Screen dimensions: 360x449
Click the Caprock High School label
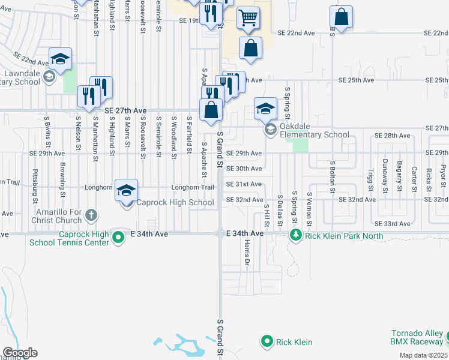pos(175,203)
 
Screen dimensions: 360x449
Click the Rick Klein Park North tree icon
pos(295,234)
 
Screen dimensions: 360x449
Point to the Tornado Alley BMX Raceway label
pos(417,337)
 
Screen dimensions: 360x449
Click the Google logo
pos(20,353)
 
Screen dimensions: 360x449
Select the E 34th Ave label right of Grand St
pos(244,233)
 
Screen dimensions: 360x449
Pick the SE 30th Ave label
pos(244,169)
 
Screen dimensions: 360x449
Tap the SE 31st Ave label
pos(244,184)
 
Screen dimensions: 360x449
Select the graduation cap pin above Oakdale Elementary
pos(265,109)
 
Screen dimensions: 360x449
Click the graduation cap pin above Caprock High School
pos(126,190)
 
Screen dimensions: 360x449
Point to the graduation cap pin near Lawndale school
pos(60,59)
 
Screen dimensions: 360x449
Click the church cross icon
pos(91,215)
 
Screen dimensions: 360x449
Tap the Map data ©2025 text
pos(423,355)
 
